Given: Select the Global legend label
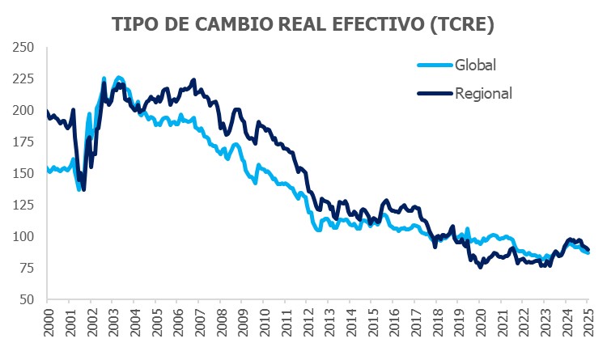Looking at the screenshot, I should coord(475,65).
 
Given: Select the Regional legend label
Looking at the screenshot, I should coord(484,93).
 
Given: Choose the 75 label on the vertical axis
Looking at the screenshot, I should coord(28,268).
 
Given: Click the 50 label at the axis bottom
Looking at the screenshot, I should coord(28,299).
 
